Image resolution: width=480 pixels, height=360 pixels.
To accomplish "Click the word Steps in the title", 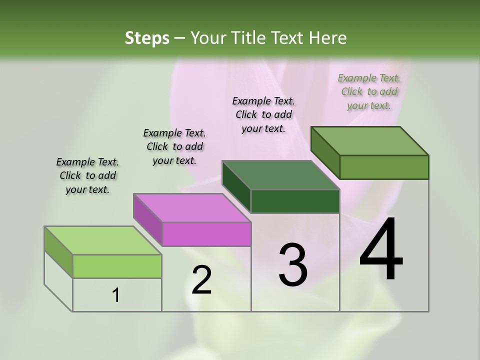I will [x=146, y=38].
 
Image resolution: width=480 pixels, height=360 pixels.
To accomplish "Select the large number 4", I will [x=381, y=250].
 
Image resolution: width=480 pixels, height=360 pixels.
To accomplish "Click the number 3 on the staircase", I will [x=293, y=265].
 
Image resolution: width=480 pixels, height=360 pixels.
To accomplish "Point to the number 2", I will [x=201, y=280].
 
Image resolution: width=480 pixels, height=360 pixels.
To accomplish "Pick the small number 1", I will [x=116, y=295].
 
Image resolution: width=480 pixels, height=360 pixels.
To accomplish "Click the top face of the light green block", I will [x=102, y=240].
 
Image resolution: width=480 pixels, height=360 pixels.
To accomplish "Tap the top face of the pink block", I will [x=192, y=208].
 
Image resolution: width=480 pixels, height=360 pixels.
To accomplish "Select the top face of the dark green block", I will [x=280, y=175].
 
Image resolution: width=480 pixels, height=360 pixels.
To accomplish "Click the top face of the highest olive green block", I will [x=369, y=141].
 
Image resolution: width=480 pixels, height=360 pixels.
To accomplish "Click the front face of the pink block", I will [x=206, y=234].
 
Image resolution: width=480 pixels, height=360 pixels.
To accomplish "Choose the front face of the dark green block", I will [x=295, y=201].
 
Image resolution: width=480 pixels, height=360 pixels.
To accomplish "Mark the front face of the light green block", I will [x=117, y=266].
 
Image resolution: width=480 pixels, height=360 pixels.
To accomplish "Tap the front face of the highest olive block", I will [x=384, y=167].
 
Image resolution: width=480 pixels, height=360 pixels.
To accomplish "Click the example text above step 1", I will [x=87, y=175].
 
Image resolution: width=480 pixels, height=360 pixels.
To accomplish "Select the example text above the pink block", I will [x=174, y=146].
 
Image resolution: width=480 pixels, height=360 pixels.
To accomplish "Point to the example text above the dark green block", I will [x=263, y=114].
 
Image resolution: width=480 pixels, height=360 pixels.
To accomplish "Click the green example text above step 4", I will [x=369, y=91].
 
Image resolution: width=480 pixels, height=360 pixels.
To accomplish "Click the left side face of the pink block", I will [x=148, y=220].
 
